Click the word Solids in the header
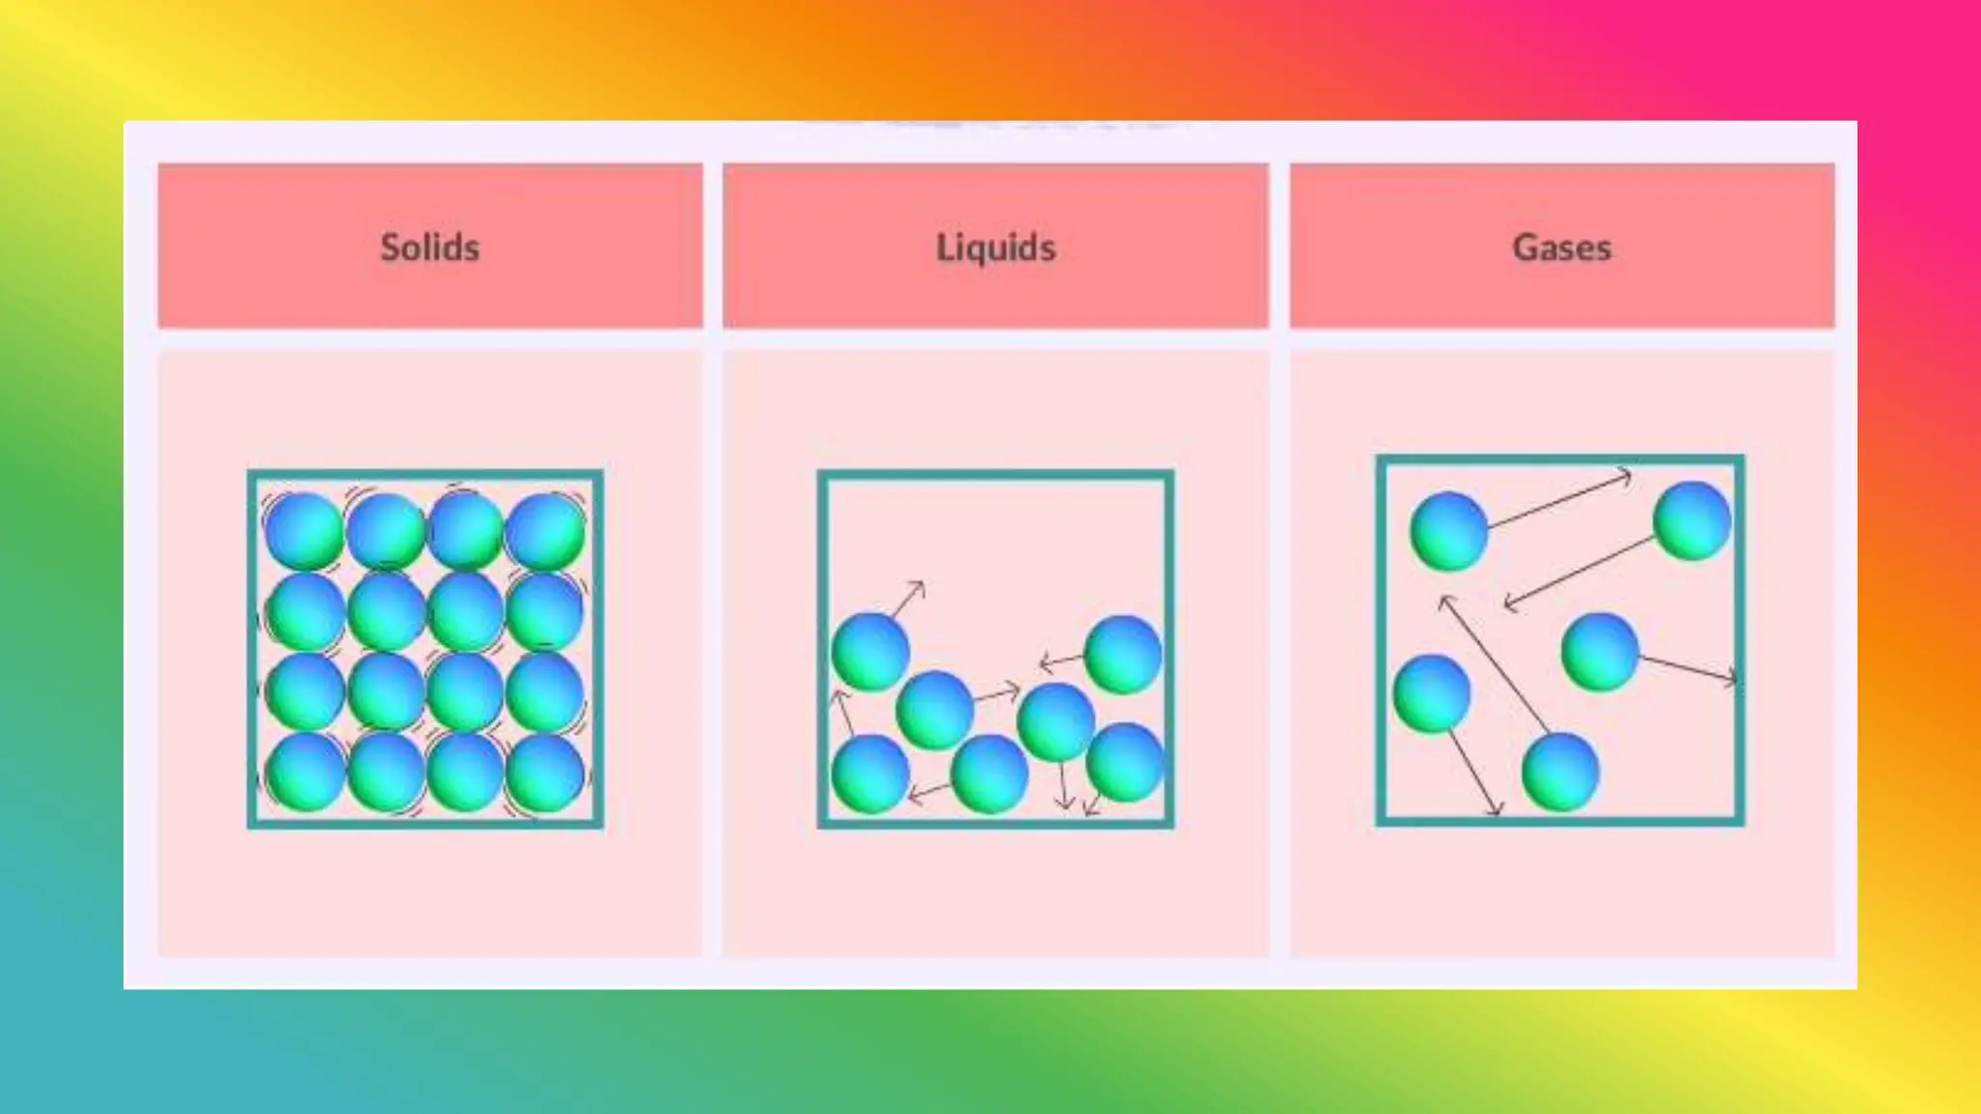coord(429,248)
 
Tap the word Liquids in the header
coord(995,248)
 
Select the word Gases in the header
coord(1561,248)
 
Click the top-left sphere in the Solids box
coord(304,531)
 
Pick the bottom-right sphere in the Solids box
coord(545,773)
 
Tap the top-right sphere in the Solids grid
coord(545,531)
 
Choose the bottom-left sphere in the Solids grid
coord(304,773)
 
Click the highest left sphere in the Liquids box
coord(871,652)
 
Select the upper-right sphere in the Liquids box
coord(1123,654)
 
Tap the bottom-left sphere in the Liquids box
coord(871,773)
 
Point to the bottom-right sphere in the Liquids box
coord(1125,762)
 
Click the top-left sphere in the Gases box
coord(1448,531)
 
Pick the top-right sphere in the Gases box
coord(1692,521)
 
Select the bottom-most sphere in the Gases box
coord(1559,772)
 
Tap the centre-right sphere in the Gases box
coord(1600,652)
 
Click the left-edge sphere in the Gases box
coord(1432,693)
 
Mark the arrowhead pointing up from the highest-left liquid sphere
coord(919,586)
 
